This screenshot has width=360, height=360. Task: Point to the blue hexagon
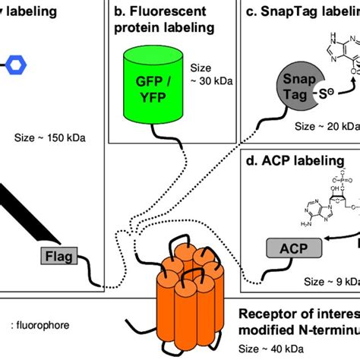click(15, 66)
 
